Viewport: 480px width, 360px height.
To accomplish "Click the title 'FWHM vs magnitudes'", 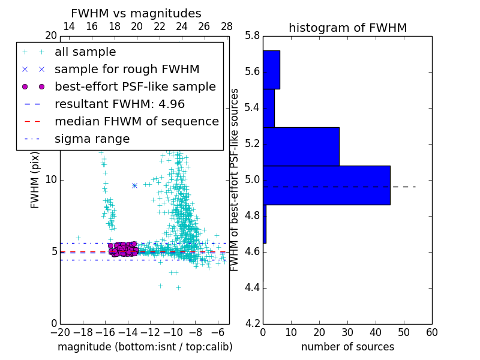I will pyautogui.click(x=136, y=14).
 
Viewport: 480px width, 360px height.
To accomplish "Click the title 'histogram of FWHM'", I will pyautogui.click(x=347, y=28).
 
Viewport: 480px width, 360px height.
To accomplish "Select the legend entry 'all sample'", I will pyautogui.click(x=85, y=52).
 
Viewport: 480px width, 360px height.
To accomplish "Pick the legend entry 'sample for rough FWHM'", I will pyautogui.click(x=127, y=70).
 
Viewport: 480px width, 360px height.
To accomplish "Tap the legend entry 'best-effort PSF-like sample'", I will pyautogui.click(x=135, y=87).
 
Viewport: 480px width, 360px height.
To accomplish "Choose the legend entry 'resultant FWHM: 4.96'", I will pyautogui.click(x=118, y=104).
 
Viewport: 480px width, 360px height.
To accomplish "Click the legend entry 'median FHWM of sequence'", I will pyautogui.click(x=137, y=122).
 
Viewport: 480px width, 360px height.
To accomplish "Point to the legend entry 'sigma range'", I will pyautogui.click(x=92, y=139).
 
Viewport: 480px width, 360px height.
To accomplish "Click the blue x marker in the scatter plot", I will pyautogui.click(x=134, y=185).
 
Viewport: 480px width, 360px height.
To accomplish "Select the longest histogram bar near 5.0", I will pyautogui.click(x=326, y=185).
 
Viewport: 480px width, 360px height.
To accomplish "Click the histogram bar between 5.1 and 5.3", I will pyautogui.click(x=301, y=146).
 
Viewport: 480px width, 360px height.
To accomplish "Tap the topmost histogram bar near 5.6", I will pyautogui.click(x=271, y=70).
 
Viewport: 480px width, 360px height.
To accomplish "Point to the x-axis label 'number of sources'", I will pyautogui.click(x=347, y=347).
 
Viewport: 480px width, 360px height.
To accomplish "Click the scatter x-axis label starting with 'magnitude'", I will pyautogui.click(x=145, y=347).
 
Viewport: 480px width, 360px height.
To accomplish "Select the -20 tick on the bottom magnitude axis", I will pyautogui.click(x=60, y=332).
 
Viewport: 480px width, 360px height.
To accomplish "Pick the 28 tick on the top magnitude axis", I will pyautogui.click(x=227, y=26).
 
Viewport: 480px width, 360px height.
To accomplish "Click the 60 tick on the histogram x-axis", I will pyautogui.click(x=431, y=332).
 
